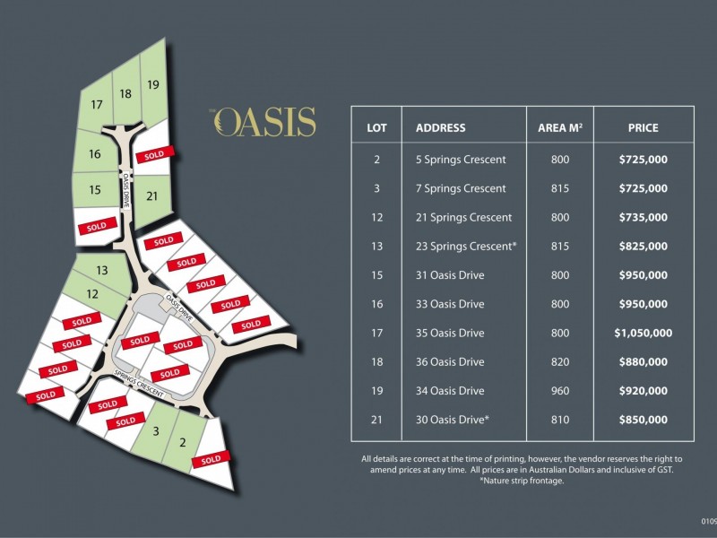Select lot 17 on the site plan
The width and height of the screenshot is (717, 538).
coord(97,105)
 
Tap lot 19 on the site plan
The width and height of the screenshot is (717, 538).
coord(153,85)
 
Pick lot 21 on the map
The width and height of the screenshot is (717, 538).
coord(152,196)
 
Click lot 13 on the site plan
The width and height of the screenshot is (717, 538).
coord(102,270)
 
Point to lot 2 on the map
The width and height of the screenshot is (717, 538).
coord(183,441)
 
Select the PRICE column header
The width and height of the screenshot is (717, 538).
coord(643,128)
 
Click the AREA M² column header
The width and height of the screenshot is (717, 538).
coord(559,128)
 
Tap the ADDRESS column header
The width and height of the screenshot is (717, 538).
coord(441,128)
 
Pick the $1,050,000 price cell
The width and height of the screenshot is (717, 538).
coord(643,333)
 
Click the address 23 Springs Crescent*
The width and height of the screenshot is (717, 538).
coord(466,247)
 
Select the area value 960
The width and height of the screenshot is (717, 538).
coord(560,391)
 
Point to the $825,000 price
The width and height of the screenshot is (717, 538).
coord(643,247)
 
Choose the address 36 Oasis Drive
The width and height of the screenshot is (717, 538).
coord(450,362)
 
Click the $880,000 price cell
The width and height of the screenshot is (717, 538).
coord(643,362)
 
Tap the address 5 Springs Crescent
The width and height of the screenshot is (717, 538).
coord(461,160)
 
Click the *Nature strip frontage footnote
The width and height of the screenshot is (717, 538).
coord(522,482)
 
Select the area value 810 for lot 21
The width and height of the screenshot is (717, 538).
coord(560,420)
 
